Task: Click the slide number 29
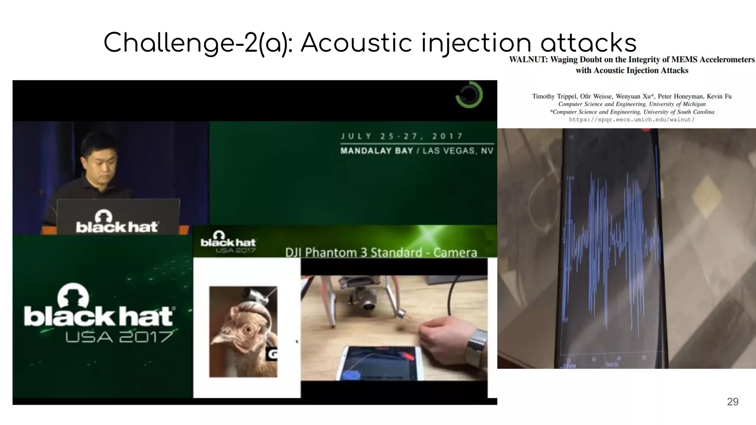pos(732,402)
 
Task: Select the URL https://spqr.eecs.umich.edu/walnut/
pos(632,120)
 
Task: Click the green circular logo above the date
pos(469,95)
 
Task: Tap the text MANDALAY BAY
pos(377,151)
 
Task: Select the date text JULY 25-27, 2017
pos(402,136)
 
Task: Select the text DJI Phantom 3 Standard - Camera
pos(381,252)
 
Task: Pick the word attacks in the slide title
pos(588,43)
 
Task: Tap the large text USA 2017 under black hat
pos(119,336)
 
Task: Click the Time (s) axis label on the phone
pos(612,364)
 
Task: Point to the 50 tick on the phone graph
pos(644,357)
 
